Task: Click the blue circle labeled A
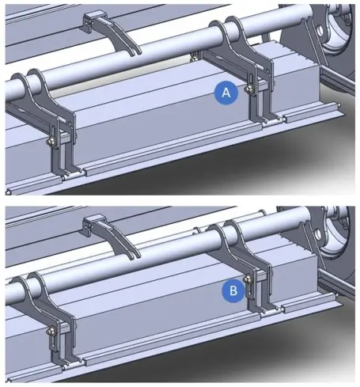226,93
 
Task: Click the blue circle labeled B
233,290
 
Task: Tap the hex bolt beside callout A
248,89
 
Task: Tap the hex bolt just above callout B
248,279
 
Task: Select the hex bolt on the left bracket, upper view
50,142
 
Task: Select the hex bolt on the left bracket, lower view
50,331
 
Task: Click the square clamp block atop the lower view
93,223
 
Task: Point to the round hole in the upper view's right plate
320,31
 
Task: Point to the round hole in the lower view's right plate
318,234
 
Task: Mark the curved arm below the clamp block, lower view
120,240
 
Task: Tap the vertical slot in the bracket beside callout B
248,290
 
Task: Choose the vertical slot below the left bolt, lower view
54,343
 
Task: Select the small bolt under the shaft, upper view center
195,59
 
